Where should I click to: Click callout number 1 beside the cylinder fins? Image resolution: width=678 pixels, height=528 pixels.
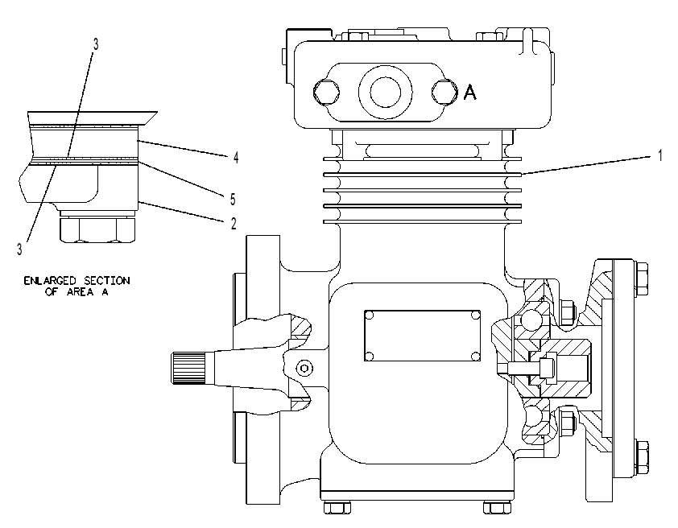[659, 155]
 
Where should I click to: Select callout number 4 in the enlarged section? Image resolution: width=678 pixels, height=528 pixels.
[236, 158]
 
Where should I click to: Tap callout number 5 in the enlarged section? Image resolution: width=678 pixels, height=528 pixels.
[233, 199]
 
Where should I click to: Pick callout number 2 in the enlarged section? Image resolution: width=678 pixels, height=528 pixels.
[234, 224]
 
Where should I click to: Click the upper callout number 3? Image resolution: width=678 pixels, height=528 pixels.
[96, 43]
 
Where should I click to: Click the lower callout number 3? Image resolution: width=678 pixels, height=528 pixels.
[19, 249]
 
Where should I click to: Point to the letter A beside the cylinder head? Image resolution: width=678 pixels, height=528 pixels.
[470, 92]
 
